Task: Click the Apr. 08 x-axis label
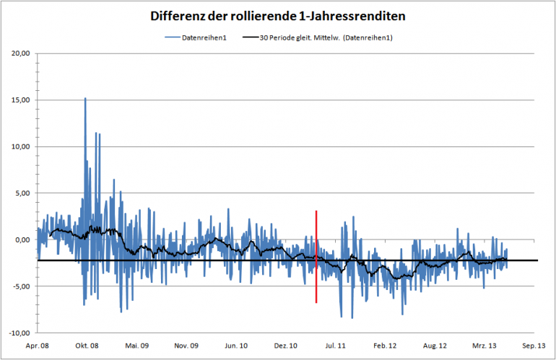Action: (x=37, y=346)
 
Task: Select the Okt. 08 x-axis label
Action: (x=86, y=346)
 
